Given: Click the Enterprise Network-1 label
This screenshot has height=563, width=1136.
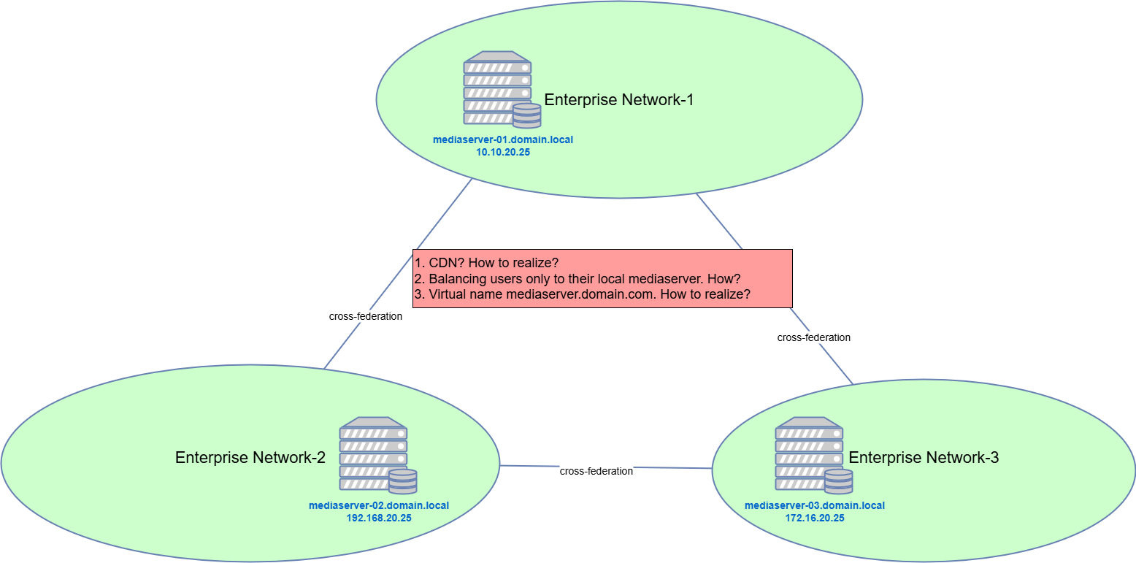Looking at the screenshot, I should (x=618, y=100).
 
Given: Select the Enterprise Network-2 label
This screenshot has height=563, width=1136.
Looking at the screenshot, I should (x=250, y=458).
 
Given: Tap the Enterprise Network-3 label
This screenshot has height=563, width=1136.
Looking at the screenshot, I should (x=924, y=458).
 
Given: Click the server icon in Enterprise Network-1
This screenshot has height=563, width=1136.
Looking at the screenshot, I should (x=497, y=88).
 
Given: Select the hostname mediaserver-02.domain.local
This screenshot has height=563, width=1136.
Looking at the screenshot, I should (x=379, y=505).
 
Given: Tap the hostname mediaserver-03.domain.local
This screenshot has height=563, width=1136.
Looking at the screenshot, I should (x=815, y=505).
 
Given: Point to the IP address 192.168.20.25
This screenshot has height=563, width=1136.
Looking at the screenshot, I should (x=379, y=518).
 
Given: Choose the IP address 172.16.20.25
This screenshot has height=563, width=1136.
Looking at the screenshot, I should (x=815, y=518).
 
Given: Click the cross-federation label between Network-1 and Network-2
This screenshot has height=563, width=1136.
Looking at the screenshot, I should (x=366, y=317).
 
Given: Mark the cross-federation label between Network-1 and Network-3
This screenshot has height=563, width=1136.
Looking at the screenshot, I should (x=814, y=337).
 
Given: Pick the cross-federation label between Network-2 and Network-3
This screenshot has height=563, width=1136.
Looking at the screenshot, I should (x=596, y=471).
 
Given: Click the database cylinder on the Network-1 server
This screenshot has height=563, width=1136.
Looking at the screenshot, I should (x=526, y=116).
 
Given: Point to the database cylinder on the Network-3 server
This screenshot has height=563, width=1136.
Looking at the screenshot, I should (x=838, y=482).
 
